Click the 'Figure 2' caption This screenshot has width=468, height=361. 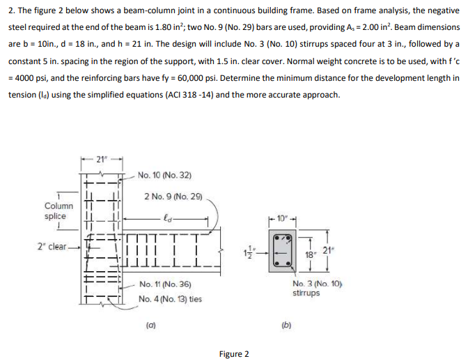coord(233,354)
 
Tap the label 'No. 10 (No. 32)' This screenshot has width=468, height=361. coord(164,175)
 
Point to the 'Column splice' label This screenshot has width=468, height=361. coord(58,211)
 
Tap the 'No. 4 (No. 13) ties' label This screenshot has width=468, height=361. coord(171,299)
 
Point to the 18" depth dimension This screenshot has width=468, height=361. coord(310,256)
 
